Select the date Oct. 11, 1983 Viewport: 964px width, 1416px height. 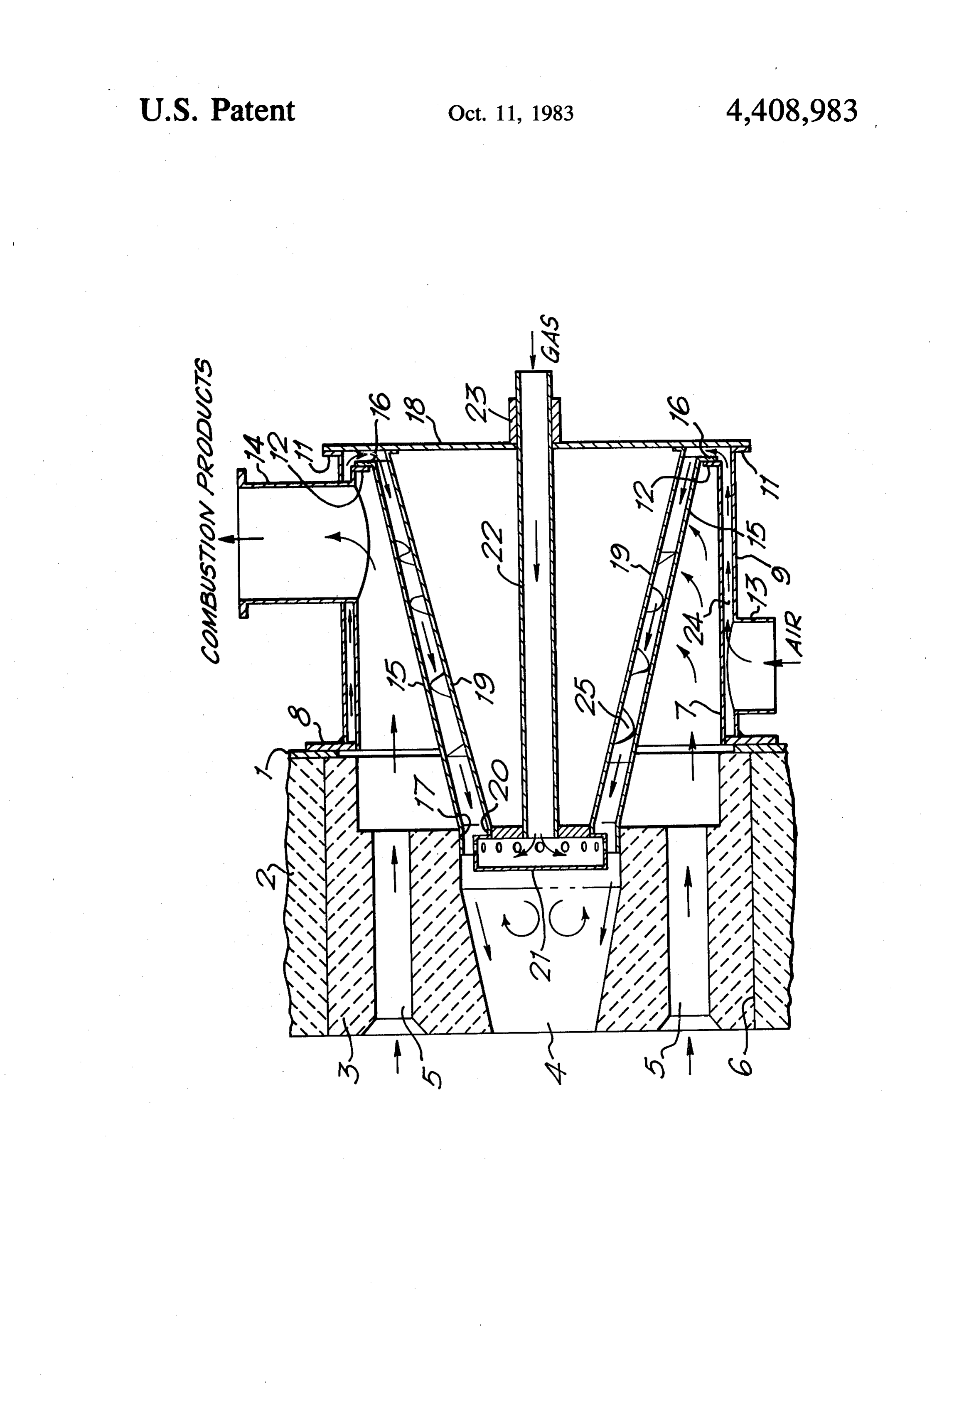click(511, 113)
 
